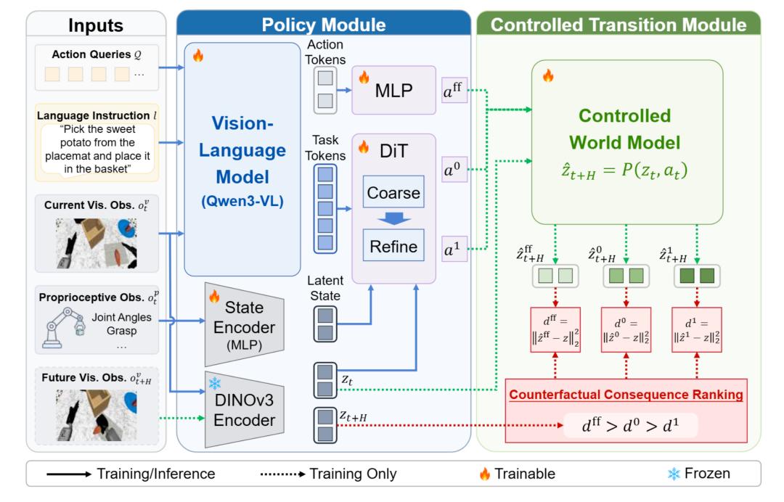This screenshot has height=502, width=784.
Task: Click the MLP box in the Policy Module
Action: (393, 90)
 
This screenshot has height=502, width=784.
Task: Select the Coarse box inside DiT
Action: (393, 192)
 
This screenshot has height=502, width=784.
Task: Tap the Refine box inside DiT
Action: (393, 245)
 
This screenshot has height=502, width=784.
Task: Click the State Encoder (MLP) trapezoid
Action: (245, 325)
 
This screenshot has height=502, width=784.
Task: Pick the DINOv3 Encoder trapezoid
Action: (245, 410)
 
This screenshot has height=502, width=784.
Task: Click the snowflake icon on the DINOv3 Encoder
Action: (215, 383)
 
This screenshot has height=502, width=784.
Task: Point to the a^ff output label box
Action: (454, 91)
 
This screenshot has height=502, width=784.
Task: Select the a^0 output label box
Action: (454, 169)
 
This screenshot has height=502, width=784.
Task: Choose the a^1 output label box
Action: (454, 249)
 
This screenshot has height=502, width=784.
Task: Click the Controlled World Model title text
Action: (624, 129)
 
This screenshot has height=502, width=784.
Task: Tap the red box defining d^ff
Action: (555, 329)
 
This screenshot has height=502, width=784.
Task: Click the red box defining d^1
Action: (696, 329)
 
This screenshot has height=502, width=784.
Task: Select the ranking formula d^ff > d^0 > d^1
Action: (630, 426)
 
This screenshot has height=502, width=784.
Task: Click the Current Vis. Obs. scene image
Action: (96, 243)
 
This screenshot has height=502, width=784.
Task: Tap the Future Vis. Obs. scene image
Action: (96, 416)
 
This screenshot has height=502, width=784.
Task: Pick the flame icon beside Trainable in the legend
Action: (484, 474)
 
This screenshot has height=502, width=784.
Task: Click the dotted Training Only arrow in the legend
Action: (282, 474)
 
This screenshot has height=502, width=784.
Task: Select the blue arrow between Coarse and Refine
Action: (393, 218)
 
